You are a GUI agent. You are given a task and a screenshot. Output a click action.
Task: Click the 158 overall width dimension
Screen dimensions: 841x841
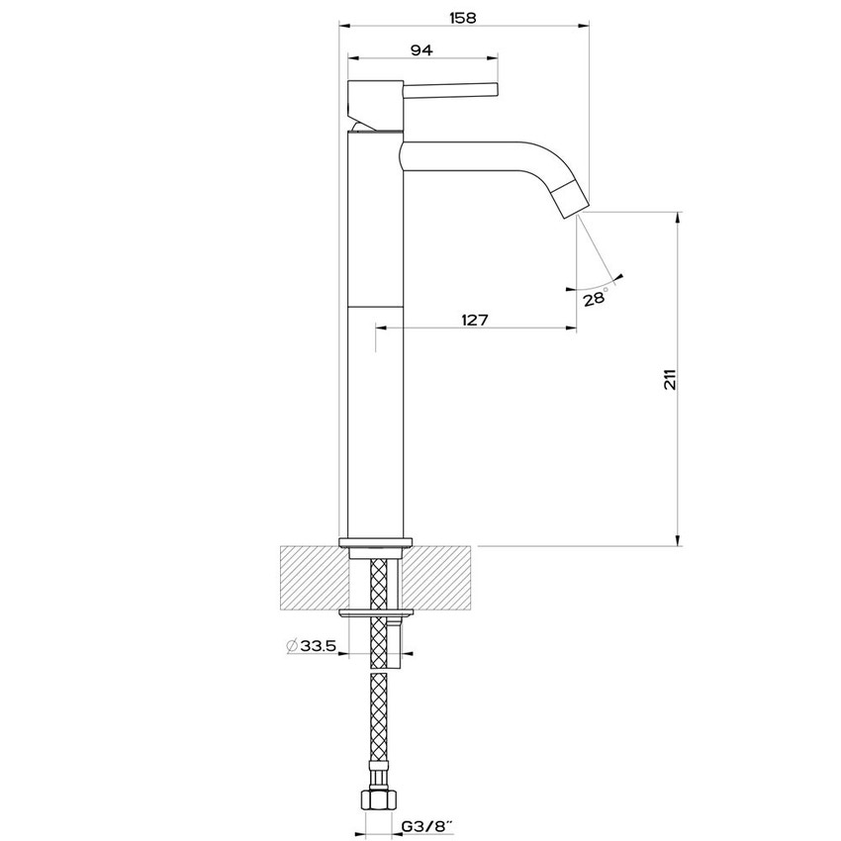tap(462, 18)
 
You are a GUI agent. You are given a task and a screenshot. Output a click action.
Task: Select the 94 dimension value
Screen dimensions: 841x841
tap(421, 49)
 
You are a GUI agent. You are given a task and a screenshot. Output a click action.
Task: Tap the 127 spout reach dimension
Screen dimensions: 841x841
tap(475, 320)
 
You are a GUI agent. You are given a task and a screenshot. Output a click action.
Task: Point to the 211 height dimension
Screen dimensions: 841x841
tap(671, 379)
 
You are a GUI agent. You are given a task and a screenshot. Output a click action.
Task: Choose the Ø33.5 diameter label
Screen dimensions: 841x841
tap(311, 646)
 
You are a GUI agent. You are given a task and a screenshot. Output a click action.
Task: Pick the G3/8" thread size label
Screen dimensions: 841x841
tap(427, 826)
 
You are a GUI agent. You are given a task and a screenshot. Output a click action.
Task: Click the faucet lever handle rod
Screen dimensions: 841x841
tap(450, 91)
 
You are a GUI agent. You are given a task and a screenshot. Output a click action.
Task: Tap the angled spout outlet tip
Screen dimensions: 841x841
tap(572, 200)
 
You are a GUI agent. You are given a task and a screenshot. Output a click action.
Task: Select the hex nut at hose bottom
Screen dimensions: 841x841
tap(379, 800)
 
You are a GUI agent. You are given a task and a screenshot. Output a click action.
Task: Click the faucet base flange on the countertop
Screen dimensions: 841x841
tap(376, 542)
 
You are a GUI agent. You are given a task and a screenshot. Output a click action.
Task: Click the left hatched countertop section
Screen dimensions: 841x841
tap(315, 578)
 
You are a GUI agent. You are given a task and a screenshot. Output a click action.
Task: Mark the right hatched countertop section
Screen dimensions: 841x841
tap(436, 578)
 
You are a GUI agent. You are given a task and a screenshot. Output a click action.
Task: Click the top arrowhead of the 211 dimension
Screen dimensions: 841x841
tap(679, 218)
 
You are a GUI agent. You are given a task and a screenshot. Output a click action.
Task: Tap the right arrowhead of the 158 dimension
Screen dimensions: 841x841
tap(584, 25)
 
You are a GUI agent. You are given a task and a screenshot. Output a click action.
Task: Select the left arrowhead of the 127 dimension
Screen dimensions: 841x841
tap(381, 327)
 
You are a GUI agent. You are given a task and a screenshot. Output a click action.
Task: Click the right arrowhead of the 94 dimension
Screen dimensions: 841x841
tap(493, 56)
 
